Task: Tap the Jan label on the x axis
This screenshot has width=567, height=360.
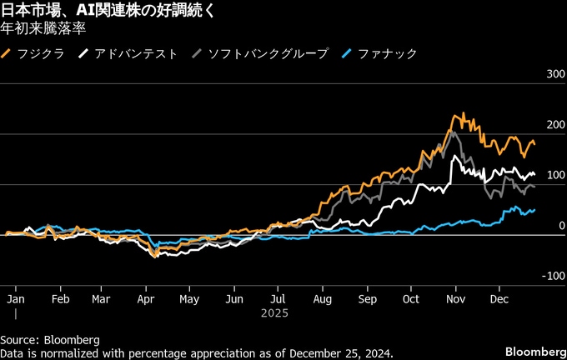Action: (15, 297)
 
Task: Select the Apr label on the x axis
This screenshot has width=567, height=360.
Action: (146, 297)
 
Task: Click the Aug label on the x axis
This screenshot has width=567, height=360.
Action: (323, 297)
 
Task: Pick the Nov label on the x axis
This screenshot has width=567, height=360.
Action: (454, 297)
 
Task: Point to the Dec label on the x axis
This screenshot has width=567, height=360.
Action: (499, 297)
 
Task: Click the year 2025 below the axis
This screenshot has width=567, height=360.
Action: (273, 314)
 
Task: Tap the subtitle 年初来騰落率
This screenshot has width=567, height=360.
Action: (44, 27)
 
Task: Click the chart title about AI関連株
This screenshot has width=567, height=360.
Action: (113, 10)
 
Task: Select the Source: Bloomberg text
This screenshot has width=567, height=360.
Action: (50, 340)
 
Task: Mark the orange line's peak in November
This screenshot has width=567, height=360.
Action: (457, 114)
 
